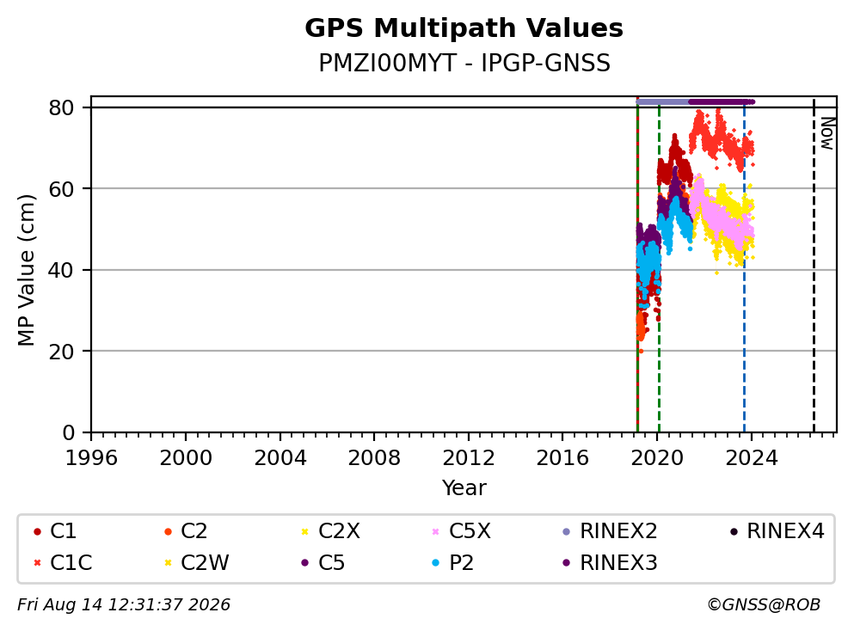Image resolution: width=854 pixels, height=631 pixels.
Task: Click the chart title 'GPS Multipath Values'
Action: (464, 28)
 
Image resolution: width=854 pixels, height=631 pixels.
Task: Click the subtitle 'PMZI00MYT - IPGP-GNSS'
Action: (464, 63)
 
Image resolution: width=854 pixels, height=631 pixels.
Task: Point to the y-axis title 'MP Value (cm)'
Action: (26, 270)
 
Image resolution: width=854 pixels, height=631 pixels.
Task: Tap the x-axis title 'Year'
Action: (464, 487)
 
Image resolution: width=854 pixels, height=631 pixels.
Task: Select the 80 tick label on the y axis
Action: (62, 107)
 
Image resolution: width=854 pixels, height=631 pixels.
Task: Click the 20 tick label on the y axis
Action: (62, 352)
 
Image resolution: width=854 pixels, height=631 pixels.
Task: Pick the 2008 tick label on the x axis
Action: (374, 458)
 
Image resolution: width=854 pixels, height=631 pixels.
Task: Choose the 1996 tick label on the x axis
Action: (91, 458)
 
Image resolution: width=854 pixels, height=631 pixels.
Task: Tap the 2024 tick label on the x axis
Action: (751, 458)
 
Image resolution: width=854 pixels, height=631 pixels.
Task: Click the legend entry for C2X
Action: (330, 531)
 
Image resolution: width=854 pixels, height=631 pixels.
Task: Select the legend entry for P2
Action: (452, 563)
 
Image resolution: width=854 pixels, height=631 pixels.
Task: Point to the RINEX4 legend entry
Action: (777, 531)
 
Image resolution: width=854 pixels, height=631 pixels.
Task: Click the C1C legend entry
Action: (63, 563)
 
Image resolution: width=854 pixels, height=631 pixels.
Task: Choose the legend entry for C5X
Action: (461, 531)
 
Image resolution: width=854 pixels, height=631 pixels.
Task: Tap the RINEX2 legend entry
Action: (610, 531)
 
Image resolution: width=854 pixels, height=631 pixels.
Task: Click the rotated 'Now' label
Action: (827, 133)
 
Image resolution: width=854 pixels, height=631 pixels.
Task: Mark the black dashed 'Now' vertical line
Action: (814, 266)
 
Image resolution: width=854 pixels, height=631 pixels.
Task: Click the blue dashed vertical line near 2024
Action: (744, 266)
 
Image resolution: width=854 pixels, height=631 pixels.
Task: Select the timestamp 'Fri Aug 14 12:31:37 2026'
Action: (124, 605)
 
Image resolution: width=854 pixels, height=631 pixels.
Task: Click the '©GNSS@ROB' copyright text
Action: (764, 605)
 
